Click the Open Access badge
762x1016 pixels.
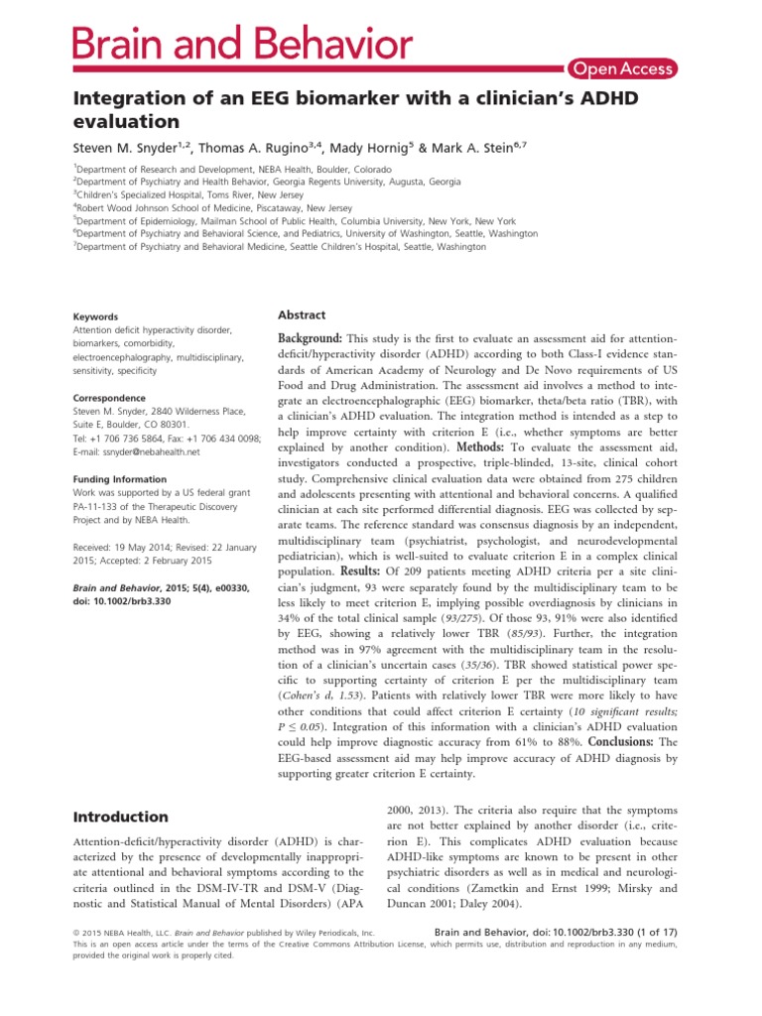[623, 68]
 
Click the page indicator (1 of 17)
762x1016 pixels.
[648, 933]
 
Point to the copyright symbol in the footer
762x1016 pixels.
[79, 934]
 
